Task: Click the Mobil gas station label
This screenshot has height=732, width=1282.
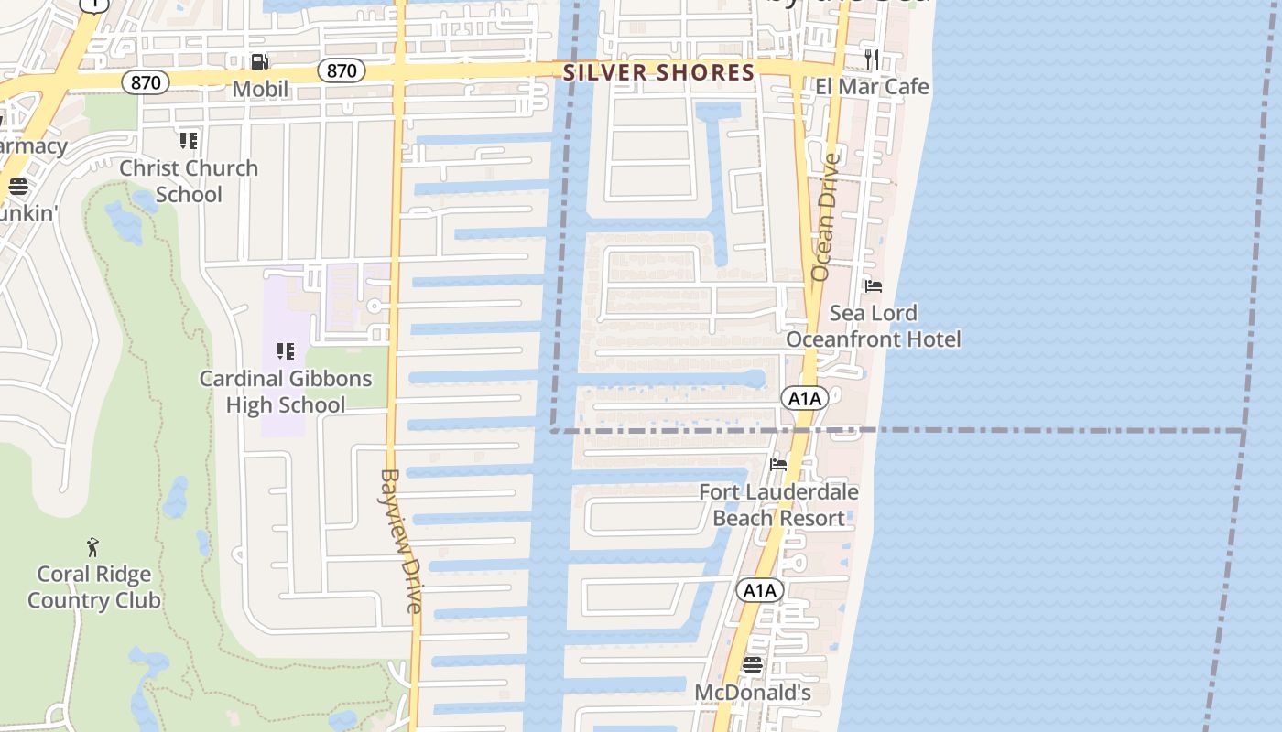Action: pyautogui.click(x=260, y=89)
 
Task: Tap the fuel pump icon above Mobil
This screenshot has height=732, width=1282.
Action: pyautogui.click(x=260, y=62)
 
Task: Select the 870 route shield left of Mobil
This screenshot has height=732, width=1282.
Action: pyautogui.click(x=146, y=82)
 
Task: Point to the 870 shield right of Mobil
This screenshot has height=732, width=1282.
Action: pyautogui.click(x=342, y=70)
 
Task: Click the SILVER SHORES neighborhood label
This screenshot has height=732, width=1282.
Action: pyautogui.click(x=658, y=73)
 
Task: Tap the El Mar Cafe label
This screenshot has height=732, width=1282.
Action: pyautogui.click(x=872, y=87)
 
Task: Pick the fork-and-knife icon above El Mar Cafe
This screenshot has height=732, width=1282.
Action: pyautogui.click(x=872, y=59)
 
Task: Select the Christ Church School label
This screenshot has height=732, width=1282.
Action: pyautogui.click(x=189, y=181)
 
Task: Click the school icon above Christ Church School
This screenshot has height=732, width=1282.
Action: pyautogui.click(x=189, y=141)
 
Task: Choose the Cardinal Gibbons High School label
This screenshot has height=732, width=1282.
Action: pyautogui.click(x=286, y=392)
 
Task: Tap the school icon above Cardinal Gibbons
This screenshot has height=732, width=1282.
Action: pyautogui.click(x=286, y=351)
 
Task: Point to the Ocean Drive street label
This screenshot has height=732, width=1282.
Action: pyautogui.click(x=824, y=217)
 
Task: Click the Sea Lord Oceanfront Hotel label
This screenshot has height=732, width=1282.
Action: pyautogui.click(x=874, y=327)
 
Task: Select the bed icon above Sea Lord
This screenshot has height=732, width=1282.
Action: pyautogui.click(x=874, y=286)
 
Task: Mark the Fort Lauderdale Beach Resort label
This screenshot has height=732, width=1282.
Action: pyautogui.click(x=778, y=505)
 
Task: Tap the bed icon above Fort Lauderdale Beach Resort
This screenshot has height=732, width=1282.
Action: pyautogui.click(x=778, y=465)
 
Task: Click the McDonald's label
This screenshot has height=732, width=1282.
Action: pyautogui.click(x=753, y=693)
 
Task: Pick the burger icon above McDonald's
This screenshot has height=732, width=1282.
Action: pyautogui.click(x=753, y=665)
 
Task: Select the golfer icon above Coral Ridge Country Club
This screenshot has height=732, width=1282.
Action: pyautogui.click(x=92, y=547)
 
